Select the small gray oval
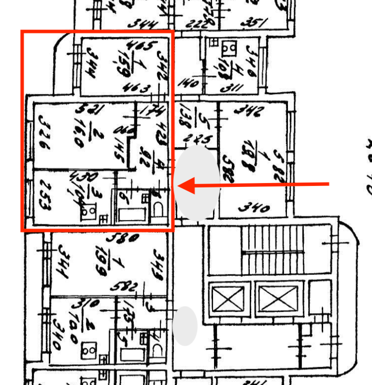point(185,326)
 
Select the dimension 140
point(188,83)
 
